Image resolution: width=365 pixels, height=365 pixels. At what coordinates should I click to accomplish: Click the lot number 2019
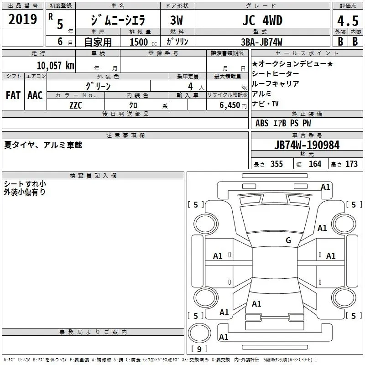coord(22,20)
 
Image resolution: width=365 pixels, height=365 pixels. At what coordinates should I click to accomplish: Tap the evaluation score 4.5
coord(347,21)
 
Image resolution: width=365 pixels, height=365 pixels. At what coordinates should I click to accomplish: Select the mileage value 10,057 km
coord(55,65)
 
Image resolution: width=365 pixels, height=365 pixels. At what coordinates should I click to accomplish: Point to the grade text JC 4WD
coord(262,21)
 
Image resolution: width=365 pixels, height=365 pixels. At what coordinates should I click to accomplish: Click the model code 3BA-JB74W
coord(262,42)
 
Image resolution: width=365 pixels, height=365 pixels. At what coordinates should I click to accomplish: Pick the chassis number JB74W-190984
coord(307,146)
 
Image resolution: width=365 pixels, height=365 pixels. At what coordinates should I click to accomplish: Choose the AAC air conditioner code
coord(35,95)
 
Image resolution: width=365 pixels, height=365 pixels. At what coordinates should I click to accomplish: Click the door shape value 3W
coord(177,21)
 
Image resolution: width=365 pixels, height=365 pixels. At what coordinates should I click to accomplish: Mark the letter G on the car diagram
coord(288,240)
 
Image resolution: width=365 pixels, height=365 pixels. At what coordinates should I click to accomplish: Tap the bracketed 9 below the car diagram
coord(199,349)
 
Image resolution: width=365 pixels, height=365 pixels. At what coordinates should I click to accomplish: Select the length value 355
coord(276,164)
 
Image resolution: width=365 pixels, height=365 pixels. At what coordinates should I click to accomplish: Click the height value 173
coord(351,164)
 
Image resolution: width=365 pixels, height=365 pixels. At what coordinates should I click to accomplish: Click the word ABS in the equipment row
coord(262,123)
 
